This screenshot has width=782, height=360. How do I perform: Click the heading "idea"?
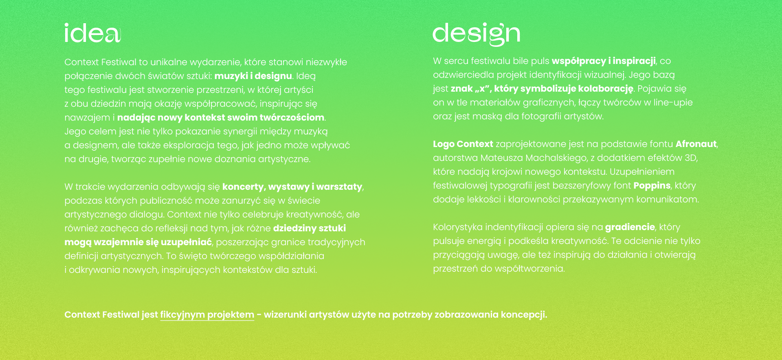(x=93, y=33)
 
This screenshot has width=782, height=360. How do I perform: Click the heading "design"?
(x=476, y=34)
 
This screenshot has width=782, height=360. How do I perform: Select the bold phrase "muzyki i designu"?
(x=253, y=76)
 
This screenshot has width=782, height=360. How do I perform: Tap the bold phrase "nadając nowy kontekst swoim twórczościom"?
(x=221, y=118)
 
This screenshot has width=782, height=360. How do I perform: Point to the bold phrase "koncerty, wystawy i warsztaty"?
(x=292, y=187)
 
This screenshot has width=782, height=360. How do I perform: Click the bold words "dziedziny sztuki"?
(x=310, y=228)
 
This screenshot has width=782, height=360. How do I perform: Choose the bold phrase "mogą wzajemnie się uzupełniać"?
(x=138, y=242)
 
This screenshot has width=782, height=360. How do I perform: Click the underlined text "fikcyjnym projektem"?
(x=207, y=315)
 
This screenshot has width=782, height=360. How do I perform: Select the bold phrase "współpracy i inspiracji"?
(x=604, y=61)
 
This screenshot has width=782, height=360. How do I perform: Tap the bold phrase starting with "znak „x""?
(x=542, y=89)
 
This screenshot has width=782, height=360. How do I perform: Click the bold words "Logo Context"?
(x=463, y=144)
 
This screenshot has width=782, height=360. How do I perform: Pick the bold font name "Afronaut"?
(x=696, y=144)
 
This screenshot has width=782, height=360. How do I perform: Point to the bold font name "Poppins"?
(x=652, y=186)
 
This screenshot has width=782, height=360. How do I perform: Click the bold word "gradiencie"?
(x=630, y=227)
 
